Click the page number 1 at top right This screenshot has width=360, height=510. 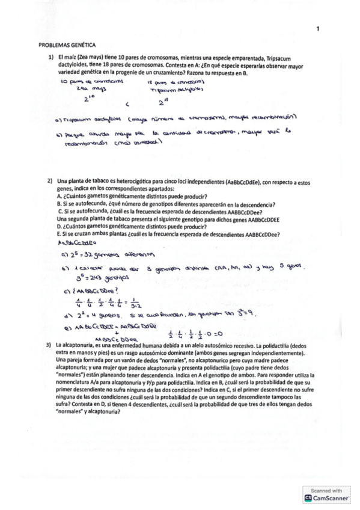[x=317, y=28]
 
